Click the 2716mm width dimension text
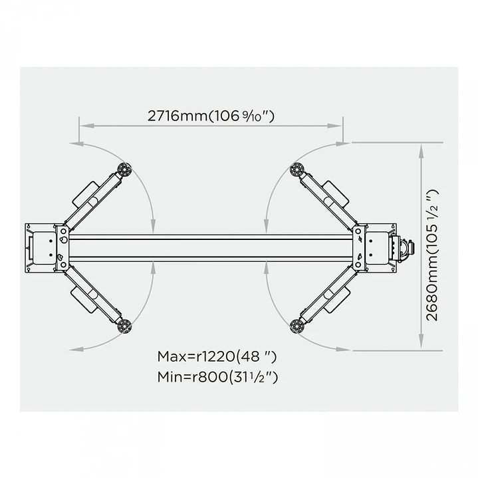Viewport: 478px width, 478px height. pyautogui.click(x=211, y=115)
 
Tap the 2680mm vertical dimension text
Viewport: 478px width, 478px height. pyautogui.click(x=432, y=255)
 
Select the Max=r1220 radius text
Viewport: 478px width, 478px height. pyautogui.click(x=217, y=356)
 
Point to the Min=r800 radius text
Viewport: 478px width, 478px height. pyautogui.click(x=217, y=377)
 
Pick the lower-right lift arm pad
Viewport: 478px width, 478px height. pyautogui.click(x=297, y=326)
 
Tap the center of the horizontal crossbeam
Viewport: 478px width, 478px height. pyautogui.click(x=210, y=247)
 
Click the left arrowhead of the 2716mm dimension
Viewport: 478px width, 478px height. pyautogui.click(x=82, y=124)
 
